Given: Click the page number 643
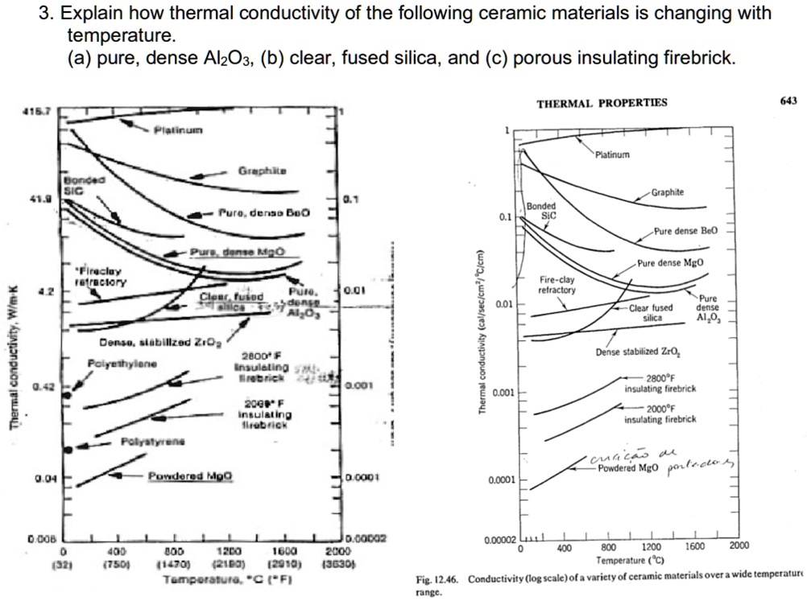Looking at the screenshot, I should pos(788,101).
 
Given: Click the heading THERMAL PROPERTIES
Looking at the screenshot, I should pos(602,102).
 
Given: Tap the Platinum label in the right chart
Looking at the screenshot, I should pos(613,154).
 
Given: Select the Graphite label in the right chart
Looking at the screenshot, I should pos(668,192).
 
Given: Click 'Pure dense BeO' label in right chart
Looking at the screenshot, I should pos(685,231).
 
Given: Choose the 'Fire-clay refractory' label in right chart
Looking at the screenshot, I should pos(557,285).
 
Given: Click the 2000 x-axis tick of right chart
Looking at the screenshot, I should pos(738,546).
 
